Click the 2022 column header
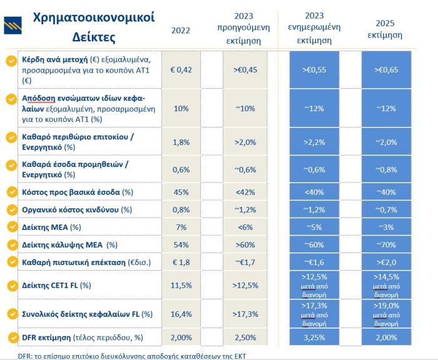point(180,29)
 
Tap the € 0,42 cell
point(181,69)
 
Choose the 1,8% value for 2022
point(181,142)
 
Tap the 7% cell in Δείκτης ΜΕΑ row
point(181,226)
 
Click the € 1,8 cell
point(181,261)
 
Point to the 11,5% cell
point(181,285)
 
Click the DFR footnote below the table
point(119,354)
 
